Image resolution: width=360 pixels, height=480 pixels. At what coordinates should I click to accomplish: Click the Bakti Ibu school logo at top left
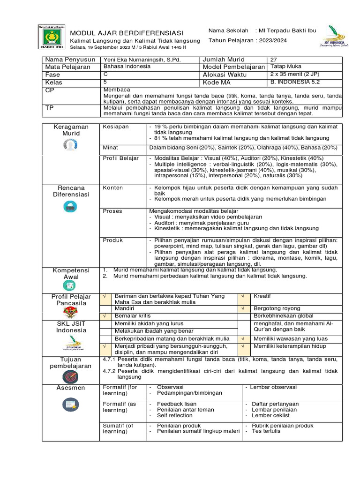pos(51,37)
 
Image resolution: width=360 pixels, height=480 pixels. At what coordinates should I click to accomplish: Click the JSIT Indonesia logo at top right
pos(332,36)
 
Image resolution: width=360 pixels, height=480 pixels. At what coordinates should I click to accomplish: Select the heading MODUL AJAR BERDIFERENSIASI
pos(127,33)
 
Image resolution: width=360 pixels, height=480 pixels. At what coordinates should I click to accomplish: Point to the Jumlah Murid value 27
pos(274,60)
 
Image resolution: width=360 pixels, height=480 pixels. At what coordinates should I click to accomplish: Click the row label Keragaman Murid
pos(71,130)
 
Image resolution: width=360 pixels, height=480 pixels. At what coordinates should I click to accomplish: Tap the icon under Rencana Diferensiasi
pos(71,206)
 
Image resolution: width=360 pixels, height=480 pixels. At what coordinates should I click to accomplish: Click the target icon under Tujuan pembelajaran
pos(71,376)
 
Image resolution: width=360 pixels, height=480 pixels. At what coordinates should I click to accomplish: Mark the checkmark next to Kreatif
pos(243,296)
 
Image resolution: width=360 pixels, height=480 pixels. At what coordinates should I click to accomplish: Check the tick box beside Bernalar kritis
pos(105,316)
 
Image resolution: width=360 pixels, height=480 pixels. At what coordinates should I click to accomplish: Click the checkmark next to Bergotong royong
pos(243,309)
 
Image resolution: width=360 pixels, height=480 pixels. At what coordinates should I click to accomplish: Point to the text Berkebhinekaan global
pos(283,316)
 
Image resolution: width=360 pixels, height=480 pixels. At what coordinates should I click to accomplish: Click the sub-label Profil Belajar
pos(121,158)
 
